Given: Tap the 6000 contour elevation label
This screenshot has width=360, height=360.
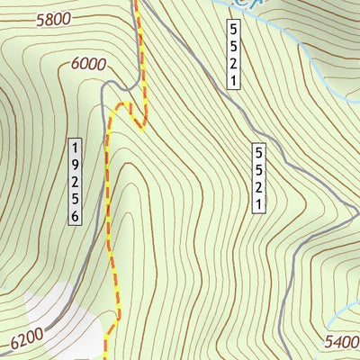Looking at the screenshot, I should pyautogui.click(x=86, y=64).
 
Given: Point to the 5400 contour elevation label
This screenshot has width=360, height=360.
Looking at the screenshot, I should pyautogui.click(x=342, y=342).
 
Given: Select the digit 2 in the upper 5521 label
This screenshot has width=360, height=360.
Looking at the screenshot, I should pyautogui.click(x=232, y=63).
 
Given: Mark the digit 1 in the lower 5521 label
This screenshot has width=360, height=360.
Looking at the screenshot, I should pyautogui.click(x=258, y=206).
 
